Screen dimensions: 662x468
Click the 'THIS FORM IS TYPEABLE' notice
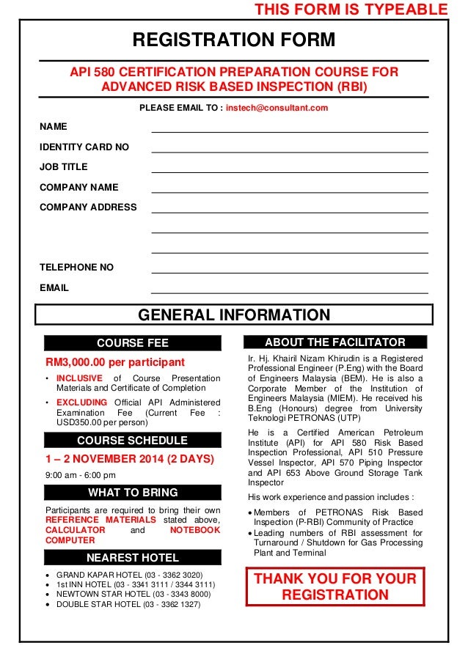[x=350, y=10]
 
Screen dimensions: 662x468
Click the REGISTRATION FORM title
[x=233, y=40]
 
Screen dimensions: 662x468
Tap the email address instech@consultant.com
[x=277, y=108]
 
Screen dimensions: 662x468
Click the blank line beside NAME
[x=289, y=128]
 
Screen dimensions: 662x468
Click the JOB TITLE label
[x=63, y=167]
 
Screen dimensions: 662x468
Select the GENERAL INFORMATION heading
[x=234, y=315]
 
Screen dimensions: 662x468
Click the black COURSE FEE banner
[x=132, y=343]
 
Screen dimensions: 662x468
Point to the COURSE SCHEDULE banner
[x=132, y=441]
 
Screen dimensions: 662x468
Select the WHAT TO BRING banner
[x=132, y=492]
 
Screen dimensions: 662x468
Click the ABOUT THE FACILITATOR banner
[x=334, y=342]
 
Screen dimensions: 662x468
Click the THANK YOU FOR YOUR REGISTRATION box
[x=334, y=586]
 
